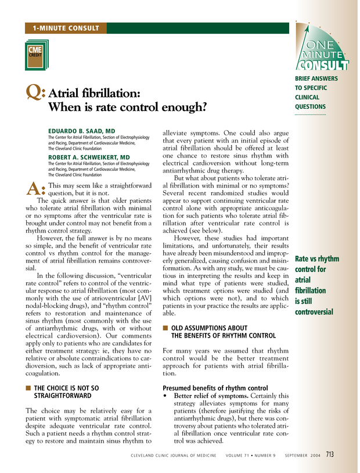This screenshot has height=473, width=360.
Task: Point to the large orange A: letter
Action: [x=36, y=188]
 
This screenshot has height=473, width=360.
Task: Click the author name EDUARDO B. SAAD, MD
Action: [x=81, y=131]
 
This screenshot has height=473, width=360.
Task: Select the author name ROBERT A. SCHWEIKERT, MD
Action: [x=88, y=157]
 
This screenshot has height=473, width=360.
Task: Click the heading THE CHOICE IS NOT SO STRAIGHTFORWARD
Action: [x=66, y=392]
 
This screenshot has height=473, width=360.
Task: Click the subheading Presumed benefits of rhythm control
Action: [x=214, y=388]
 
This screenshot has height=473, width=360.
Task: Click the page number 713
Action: [x=329, y=454]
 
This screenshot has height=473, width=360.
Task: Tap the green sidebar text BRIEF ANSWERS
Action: [x=316, y=78]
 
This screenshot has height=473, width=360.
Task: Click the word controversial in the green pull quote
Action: [x=314, y=312]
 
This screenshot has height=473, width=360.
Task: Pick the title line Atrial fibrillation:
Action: [x=102, y=94]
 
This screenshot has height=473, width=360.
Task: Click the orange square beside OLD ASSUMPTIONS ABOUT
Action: [x=165, y=328]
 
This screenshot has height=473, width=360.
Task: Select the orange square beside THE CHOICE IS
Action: [x=28, y=388]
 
